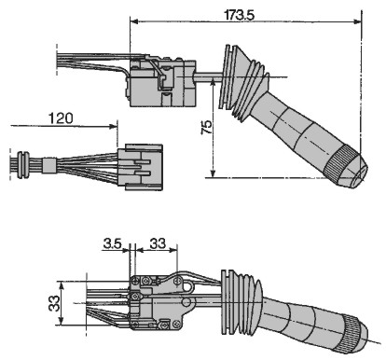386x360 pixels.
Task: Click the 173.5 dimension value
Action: click(x=239, y=15)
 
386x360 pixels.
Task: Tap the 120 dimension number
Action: click(x=61, y=118)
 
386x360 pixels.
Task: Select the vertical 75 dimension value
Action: click(x=206, y=127)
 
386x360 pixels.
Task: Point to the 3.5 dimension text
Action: click(x=112, y=243)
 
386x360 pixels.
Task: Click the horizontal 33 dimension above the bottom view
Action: click(x=158, y=243)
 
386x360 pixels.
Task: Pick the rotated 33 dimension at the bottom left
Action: click(x=54, y=303)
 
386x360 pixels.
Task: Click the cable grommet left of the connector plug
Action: click(x=22, y=165)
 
